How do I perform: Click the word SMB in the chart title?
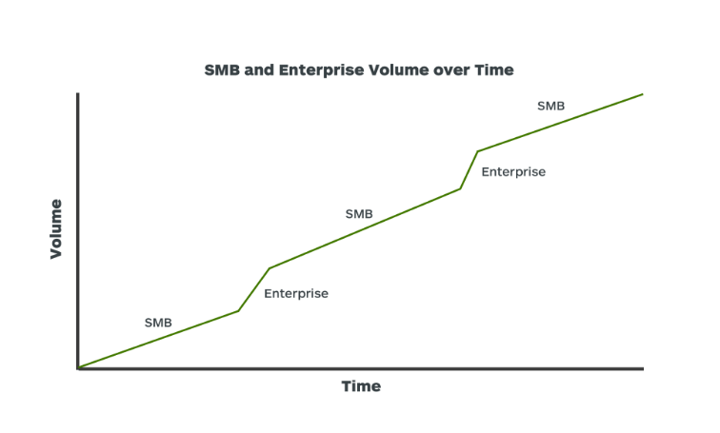click(222, 70)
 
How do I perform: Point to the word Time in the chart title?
click(494, 70)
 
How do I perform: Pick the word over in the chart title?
click(451, 71)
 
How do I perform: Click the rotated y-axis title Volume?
click(55, 229)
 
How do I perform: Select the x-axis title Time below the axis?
click(361, 386)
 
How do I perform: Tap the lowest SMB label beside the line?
click(158, 323)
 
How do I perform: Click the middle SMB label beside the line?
click(359, 214)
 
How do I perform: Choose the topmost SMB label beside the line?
click(550, 106)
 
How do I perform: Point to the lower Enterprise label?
click(296, 293)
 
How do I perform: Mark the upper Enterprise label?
click(513, 172)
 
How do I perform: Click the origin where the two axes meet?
click(78, 368)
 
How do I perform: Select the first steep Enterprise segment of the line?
click(254, 289)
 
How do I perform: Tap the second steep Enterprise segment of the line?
click(469, 169)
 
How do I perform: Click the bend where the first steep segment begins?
click(238, 311)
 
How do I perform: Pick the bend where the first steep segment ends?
click(270, 267)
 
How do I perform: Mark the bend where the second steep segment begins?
click(460, 188)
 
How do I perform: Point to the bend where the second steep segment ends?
click(478, 151)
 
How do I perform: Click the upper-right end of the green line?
click(643, 94)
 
